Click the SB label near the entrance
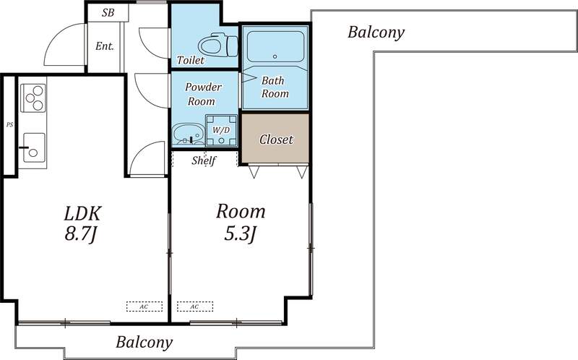pyautogui.click(x=108, y=13)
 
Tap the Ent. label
pyautogui.click(x=105, y=46)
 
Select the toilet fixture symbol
pyautogui.click(x=218, y=45)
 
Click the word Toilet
pyautogui.click(x=190, y=60)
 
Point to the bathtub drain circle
pyautogui.click(x=275, y=56)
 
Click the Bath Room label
pyautogui.click(x=275, y=87)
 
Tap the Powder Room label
pyautogui.click(x=203, y=94)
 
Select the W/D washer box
pyautogui.click(x=221, y=130)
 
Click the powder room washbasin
pyautogui.click(x=188, y=134)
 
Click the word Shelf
pyautogui.click(x=204, y=160)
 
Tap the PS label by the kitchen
pyautogui.click(x=9, y=124)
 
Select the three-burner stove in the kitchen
pyautogui.click(x=33, y=98)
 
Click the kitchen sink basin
pyautogui.click(x=34, y=147)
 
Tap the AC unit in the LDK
pyautogui.click(x=144, y=307)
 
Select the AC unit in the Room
pyautogui.click(x=194, y=307)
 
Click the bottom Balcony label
pyautogui.click(x=144, y=343)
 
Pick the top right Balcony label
pyautogui.click(x=376, y=33)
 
